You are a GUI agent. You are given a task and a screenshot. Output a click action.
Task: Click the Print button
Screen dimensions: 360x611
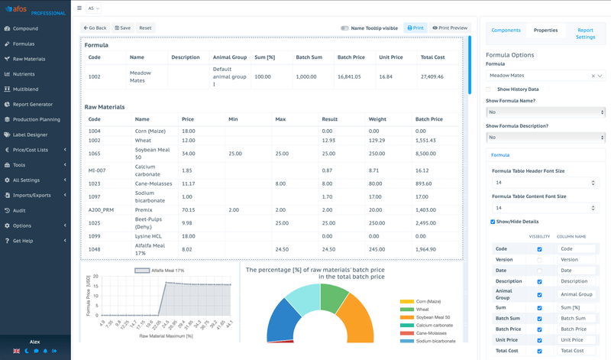[x=414, y=28]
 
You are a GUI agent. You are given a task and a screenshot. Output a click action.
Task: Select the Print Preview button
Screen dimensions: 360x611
[x=450, y=28]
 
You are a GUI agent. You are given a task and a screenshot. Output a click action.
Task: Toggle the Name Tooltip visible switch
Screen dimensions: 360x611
[x=345, y=28]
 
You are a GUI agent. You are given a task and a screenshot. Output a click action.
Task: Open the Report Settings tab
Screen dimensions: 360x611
[x=585, y=33]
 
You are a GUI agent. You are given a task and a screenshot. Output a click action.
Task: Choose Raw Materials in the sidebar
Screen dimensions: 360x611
[x=29, y=59]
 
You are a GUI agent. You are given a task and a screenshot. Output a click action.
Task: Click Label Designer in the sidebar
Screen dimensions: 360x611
[x=30, y=135]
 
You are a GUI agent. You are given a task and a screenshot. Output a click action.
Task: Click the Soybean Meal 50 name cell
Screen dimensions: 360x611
[x=150, y=153]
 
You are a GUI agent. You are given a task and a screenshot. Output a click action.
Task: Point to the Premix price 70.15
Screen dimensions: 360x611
[x=188, y=209]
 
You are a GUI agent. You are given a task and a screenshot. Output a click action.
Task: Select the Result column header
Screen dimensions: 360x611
[x=330, y=119]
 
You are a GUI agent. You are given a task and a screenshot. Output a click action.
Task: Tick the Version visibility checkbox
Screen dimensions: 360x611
[x=539, y=260]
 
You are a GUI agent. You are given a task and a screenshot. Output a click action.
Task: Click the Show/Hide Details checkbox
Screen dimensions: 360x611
[x=493, y=222]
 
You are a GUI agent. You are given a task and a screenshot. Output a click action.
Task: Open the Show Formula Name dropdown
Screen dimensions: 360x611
[x=545, y=112]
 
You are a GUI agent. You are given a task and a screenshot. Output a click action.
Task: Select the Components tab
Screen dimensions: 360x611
[x=506, y=30]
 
